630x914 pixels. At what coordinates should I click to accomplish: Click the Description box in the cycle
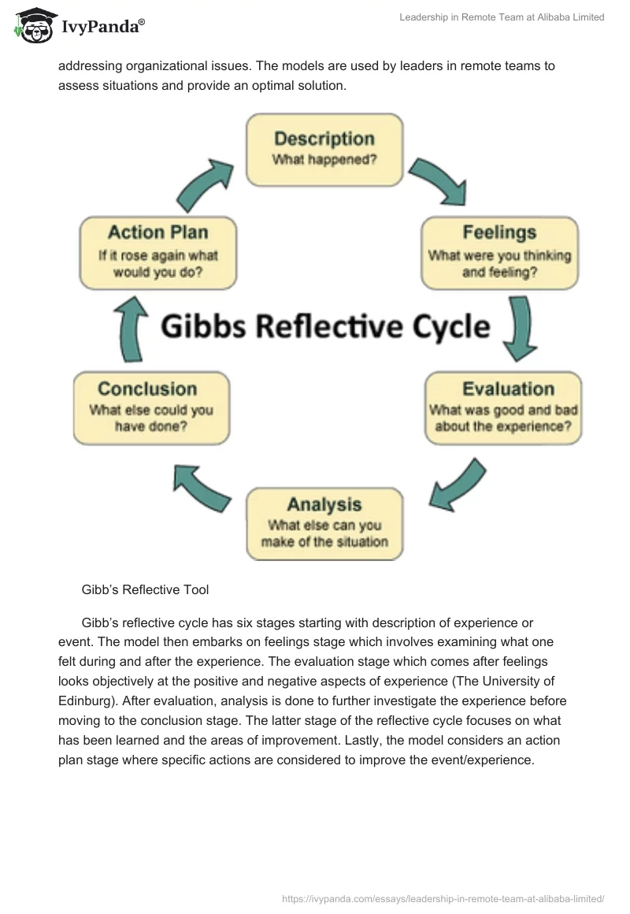[x=324, y=149]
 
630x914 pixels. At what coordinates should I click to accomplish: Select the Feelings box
[x=499, y=253]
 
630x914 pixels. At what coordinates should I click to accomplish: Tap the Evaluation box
[x=504, y=408]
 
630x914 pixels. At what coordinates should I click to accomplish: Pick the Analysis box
[x=324, y=524]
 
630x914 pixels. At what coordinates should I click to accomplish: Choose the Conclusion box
[x=151, y=408]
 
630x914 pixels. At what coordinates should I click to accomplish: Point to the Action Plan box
[x=157, y=253]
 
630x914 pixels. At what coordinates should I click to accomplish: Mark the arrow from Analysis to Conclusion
[x=201, y=486]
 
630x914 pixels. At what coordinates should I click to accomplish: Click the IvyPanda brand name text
[x=102, y=28]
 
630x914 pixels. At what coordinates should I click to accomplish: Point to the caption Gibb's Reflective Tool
[x=145, y=589]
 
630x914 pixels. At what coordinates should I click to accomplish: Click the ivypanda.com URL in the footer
[x=443, y=898]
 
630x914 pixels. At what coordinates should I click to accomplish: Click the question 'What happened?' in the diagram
[x=324, y=160]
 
